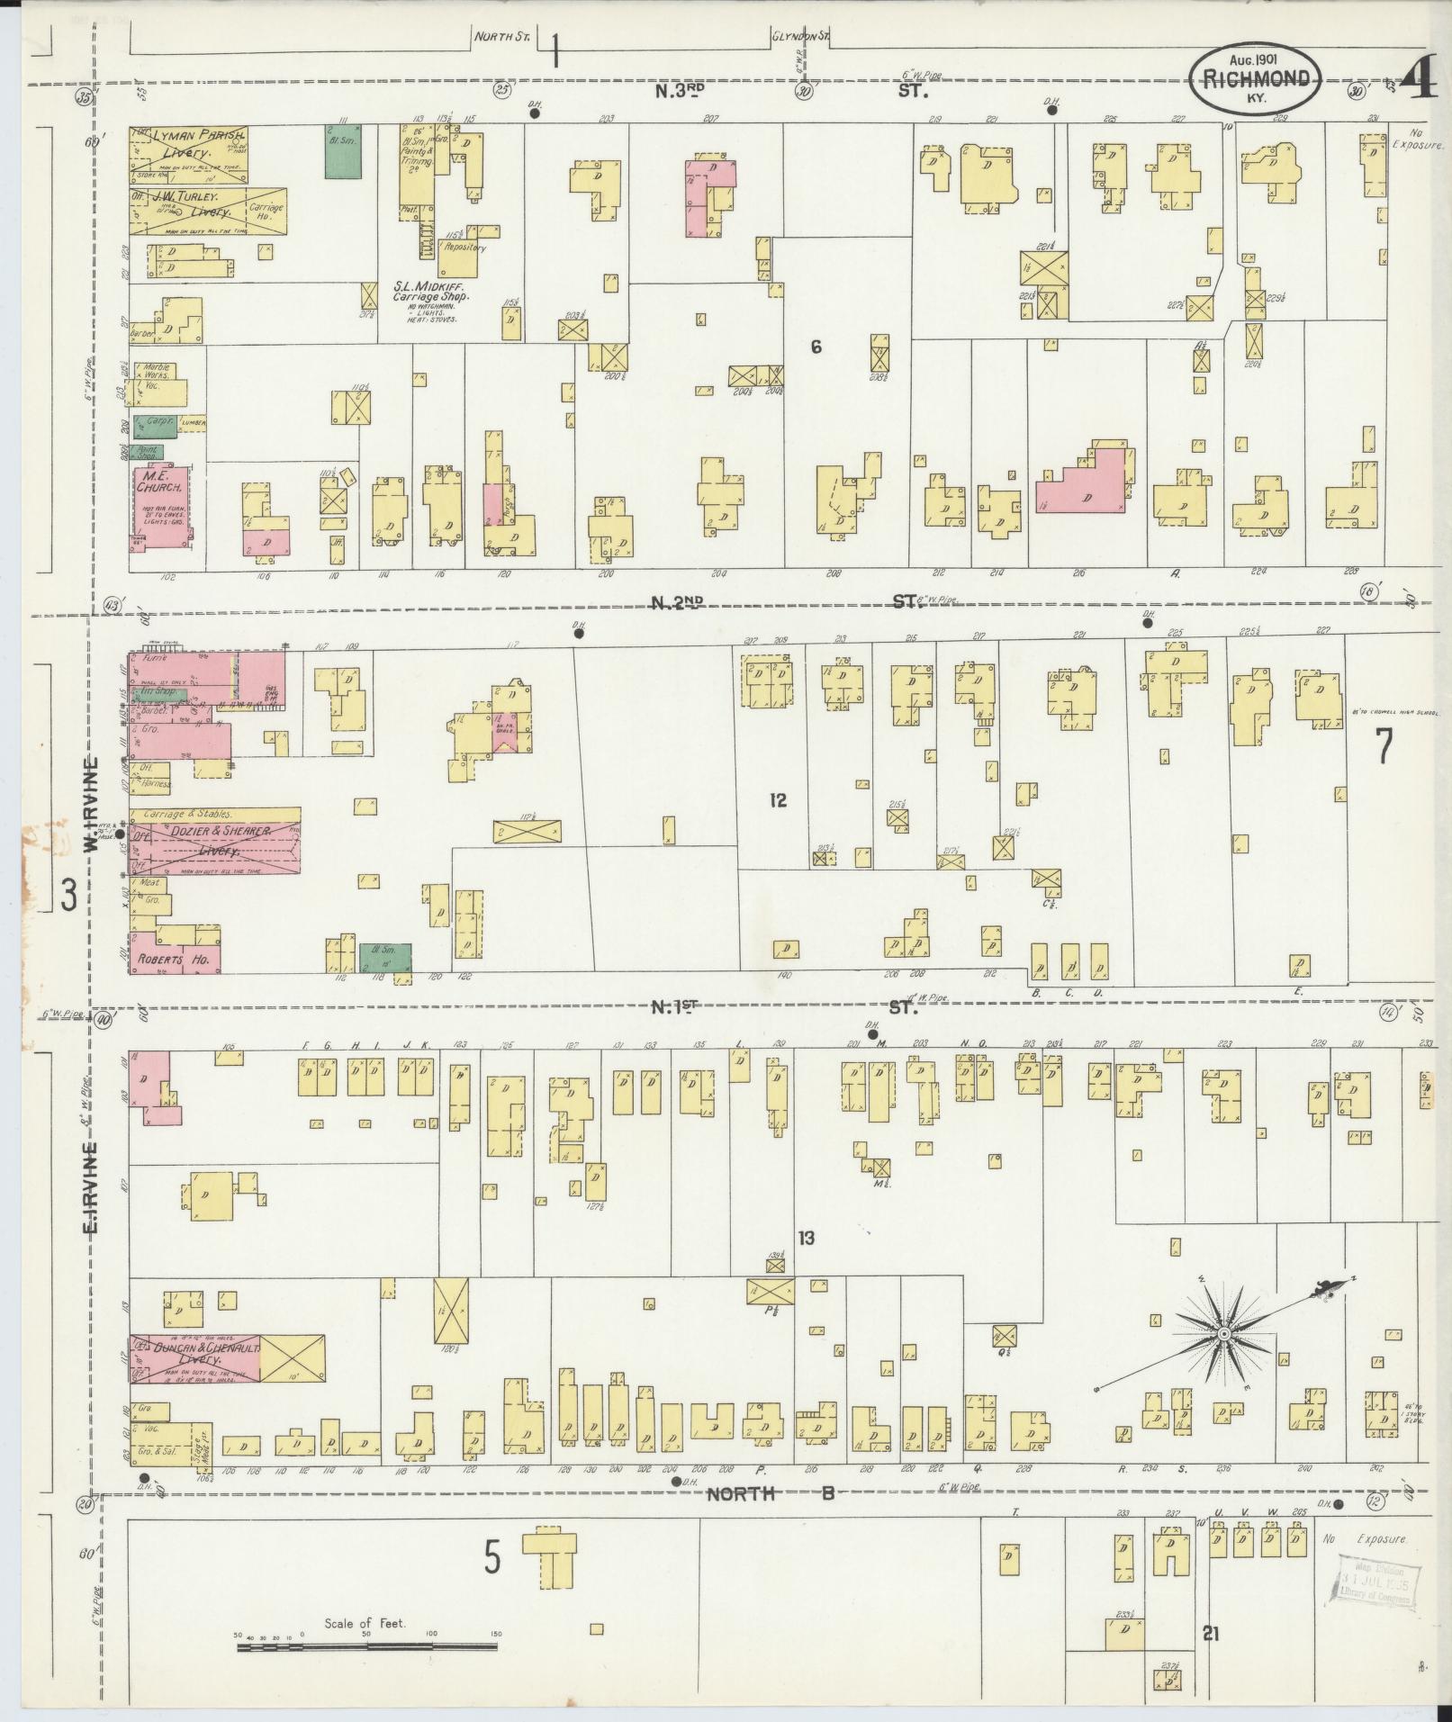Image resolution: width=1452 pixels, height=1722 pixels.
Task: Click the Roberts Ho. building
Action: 176,960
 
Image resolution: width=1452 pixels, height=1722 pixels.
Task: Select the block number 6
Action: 816,347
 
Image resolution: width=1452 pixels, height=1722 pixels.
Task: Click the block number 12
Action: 778,799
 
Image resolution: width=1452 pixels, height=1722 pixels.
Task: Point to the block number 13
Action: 805,1239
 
